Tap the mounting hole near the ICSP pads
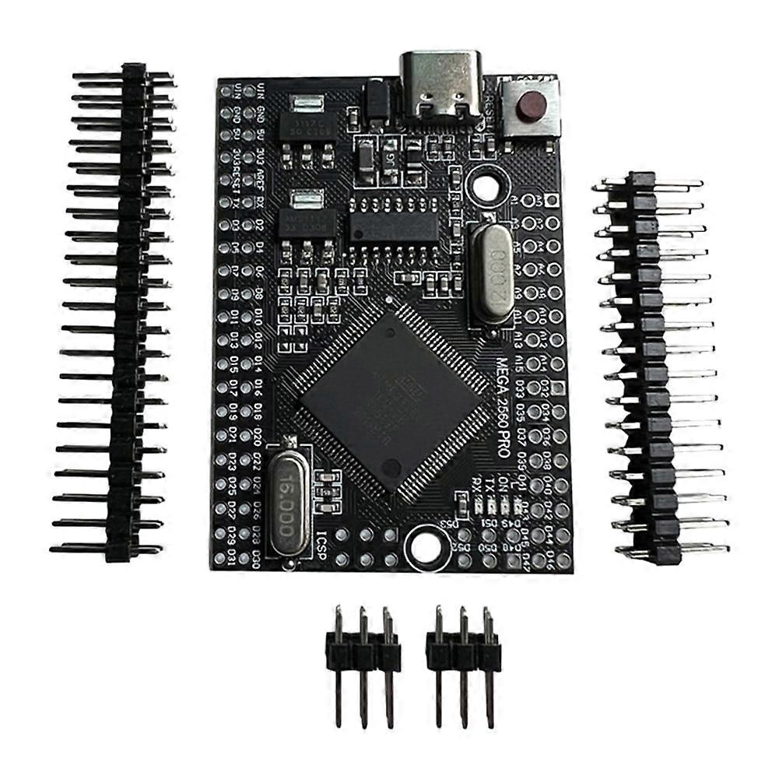coord(425,544)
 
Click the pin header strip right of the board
coord(652,366)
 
